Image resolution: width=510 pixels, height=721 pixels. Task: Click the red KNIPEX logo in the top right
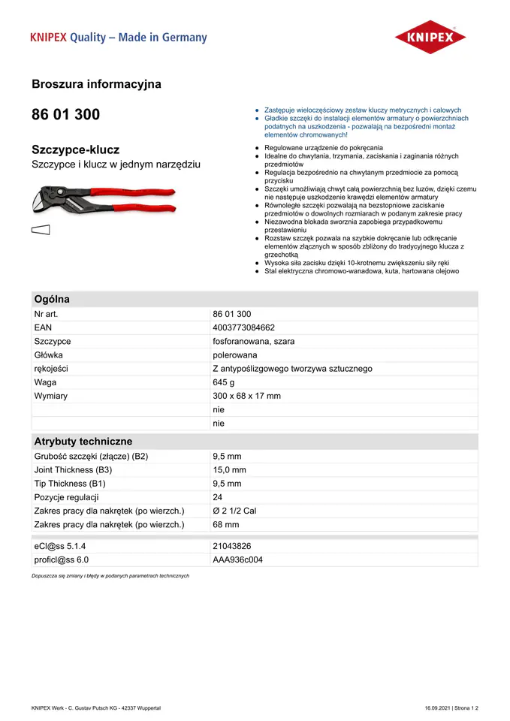click(x=430, y=37)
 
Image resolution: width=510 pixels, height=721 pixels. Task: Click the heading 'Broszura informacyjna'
click(x=96, y=84)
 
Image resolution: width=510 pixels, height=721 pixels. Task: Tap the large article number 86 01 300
click(x=65, y=115)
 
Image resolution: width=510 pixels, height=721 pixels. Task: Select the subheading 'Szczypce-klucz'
click(x=75, y=149)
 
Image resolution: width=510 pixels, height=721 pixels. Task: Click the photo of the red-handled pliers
click(x=104, y=201)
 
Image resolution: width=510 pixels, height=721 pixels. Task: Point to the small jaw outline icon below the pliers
click(x=41, y=231)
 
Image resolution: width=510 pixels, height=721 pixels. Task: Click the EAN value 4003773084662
click(x=243, y=327)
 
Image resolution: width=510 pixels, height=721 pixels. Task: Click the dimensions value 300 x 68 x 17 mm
click(x=246, y=396)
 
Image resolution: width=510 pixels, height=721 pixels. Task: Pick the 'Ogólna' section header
click(x=52, y=299)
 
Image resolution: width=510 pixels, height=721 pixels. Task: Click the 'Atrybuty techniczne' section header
click(x=83, y=442)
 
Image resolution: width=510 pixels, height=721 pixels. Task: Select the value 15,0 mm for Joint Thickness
click(x=229, y=470)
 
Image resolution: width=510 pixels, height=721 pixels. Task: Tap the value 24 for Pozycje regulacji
click(x=219, y=497)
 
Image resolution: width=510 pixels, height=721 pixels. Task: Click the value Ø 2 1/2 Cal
click(x=234, y=511)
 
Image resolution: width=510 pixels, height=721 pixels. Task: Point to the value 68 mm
click(x=226, y=524)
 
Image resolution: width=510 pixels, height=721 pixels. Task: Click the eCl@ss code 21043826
click(x=232, y=546)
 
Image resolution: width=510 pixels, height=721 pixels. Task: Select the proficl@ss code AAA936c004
click(x=238, y=560)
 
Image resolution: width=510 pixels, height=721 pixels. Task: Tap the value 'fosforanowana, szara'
click(x=254, y=341)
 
